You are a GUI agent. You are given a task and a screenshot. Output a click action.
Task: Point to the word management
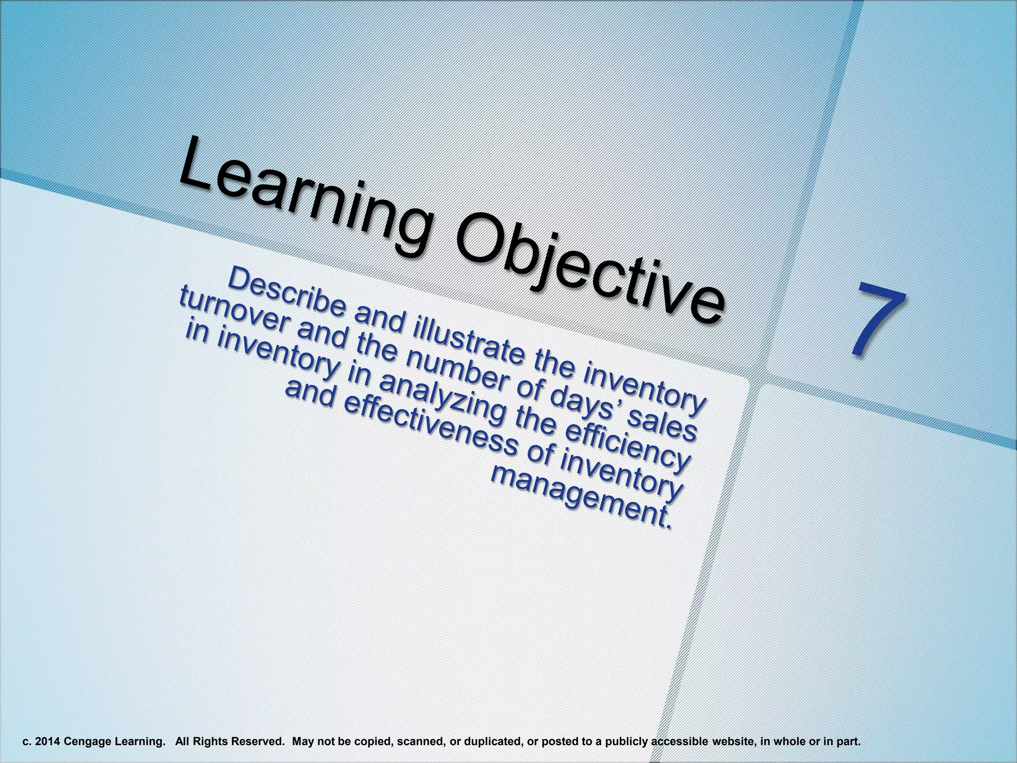(581, 497)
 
